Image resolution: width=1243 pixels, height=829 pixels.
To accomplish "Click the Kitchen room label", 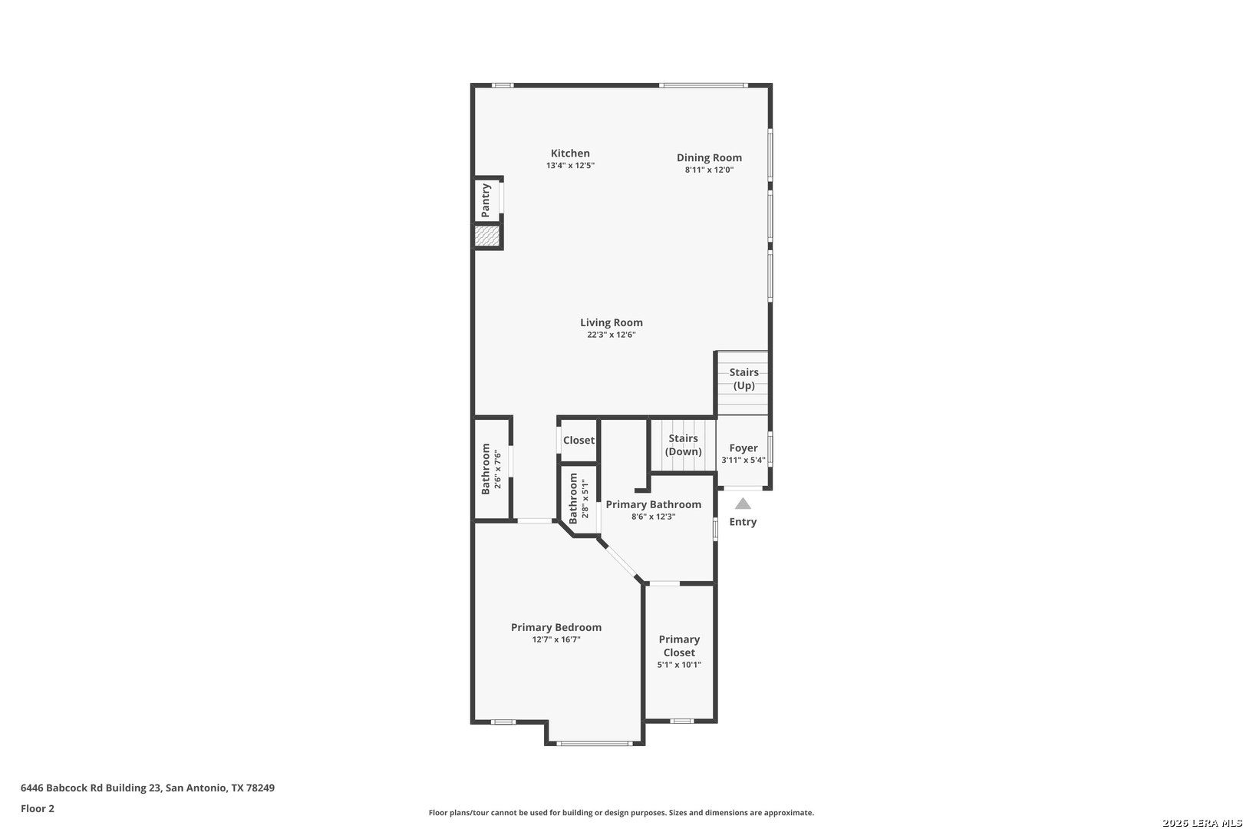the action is [x=570, y=154].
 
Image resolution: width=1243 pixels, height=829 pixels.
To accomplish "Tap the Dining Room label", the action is [x=709, y=157].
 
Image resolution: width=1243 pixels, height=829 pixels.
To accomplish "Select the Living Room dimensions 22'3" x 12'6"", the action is [x=612, y=335].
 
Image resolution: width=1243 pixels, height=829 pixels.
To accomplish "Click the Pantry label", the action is [x=486, y=200].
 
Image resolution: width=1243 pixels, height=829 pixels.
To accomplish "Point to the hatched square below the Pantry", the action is [x=487, y=236].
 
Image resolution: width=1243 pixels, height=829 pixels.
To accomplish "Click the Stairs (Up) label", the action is [x=743, y=378].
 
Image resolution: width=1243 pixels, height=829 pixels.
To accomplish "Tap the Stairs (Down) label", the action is [x=683, y=444].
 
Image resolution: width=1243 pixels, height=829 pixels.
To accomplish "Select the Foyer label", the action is [x=743, y=448].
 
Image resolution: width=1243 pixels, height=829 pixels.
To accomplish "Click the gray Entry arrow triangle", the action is [x=743, y=504].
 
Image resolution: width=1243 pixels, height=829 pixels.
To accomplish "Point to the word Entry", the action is [x=743, y=522].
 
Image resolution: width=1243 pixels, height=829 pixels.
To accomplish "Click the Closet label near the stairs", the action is [x=579, y=441].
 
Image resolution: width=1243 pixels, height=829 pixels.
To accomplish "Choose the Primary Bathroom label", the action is [x=654, y=505].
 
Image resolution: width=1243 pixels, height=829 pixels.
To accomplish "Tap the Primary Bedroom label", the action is [x=556, y=627].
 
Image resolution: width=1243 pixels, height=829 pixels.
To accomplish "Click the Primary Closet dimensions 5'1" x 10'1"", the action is [x=679, y=665].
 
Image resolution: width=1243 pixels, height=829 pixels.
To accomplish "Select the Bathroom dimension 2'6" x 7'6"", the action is [x=498, y=470].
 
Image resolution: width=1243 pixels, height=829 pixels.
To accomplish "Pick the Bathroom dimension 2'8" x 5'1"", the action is [x=585, y=499].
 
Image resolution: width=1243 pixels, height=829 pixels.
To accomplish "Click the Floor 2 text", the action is [x=38, y=808].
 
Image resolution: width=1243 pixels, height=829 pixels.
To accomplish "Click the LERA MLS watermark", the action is [x=1202, y=823].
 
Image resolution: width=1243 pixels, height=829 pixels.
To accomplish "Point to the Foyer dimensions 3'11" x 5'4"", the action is [x=743, y=461].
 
